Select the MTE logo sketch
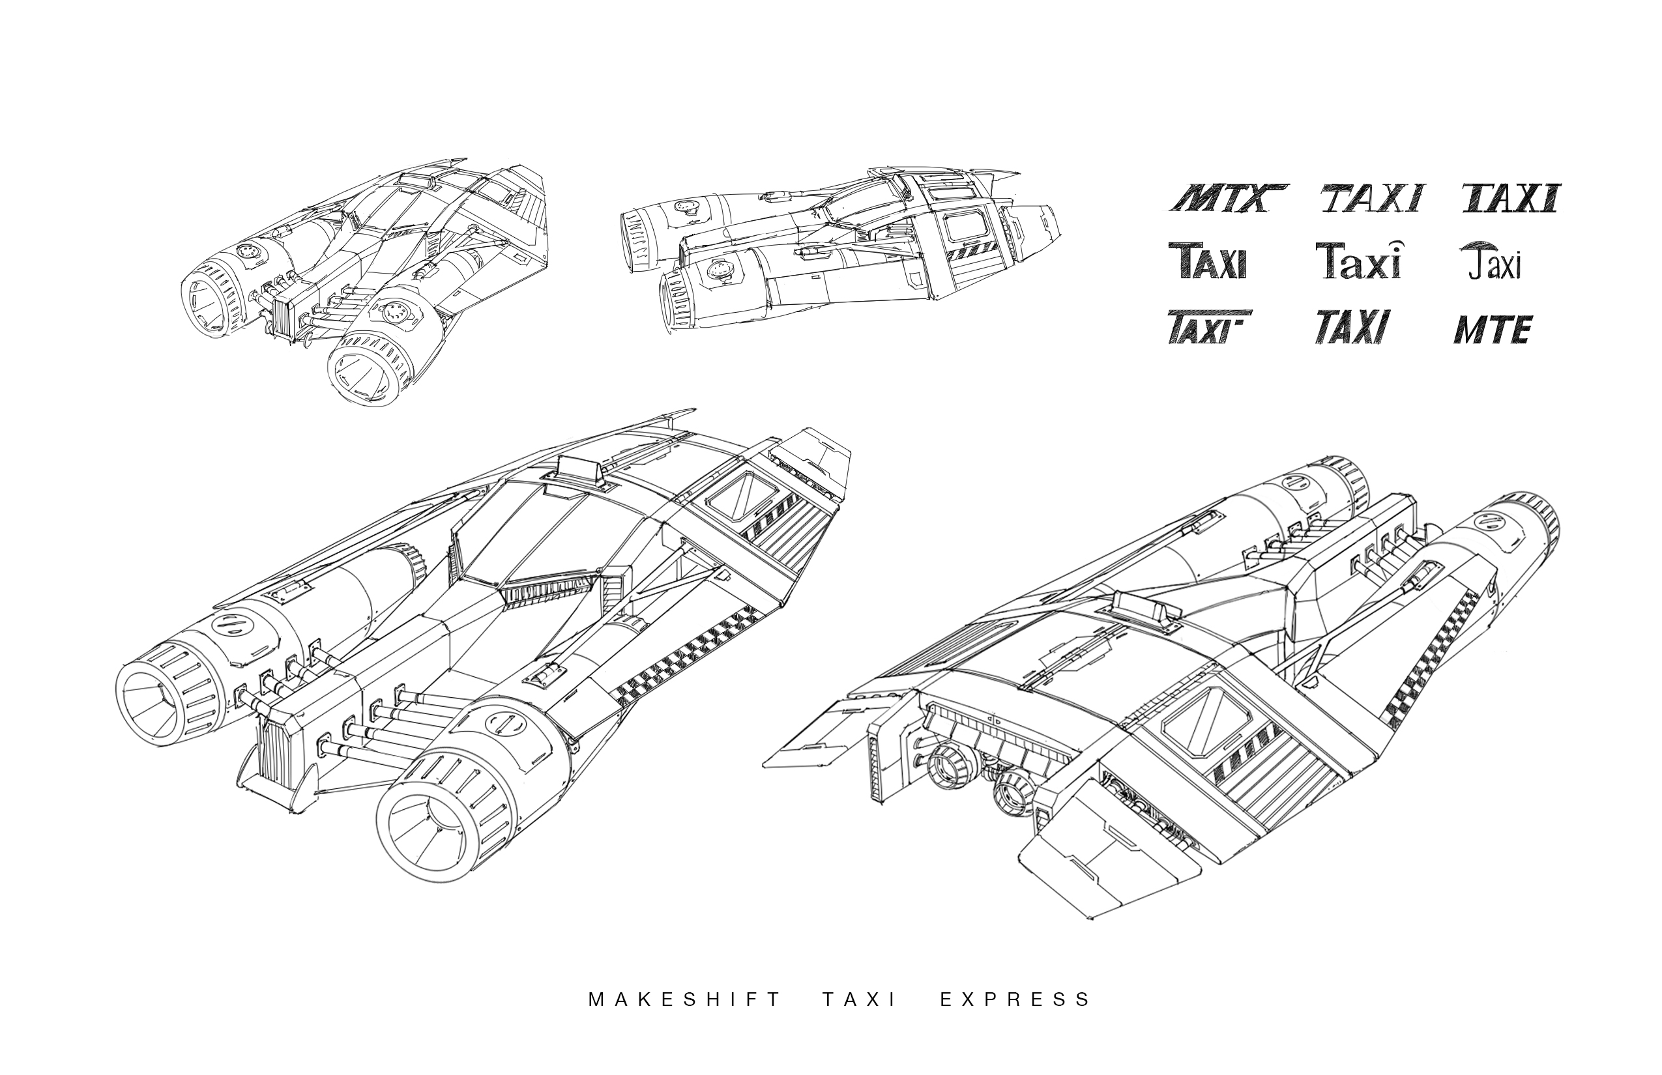(x=1493, y=330)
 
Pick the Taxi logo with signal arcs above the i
(x=1358, y=261)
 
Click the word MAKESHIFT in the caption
(x=684, y=999)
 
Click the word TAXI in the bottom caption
(x=859, y=999)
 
